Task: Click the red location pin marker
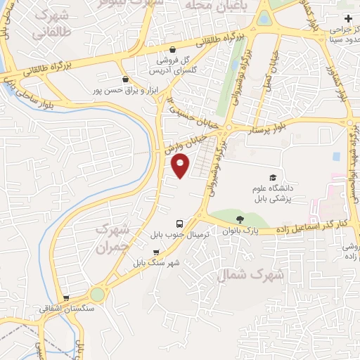[x=181, y=165]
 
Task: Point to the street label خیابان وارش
[x=179, y=143]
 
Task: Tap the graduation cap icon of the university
[x=272, y=177]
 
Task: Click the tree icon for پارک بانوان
[x=240, y=219]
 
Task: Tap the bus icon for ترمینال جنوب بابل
[x=179, y=224]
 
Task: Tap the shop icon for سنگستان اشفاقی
[x=66, y=298]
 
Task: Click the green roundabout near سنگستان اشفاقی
[x=97, y=295]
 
